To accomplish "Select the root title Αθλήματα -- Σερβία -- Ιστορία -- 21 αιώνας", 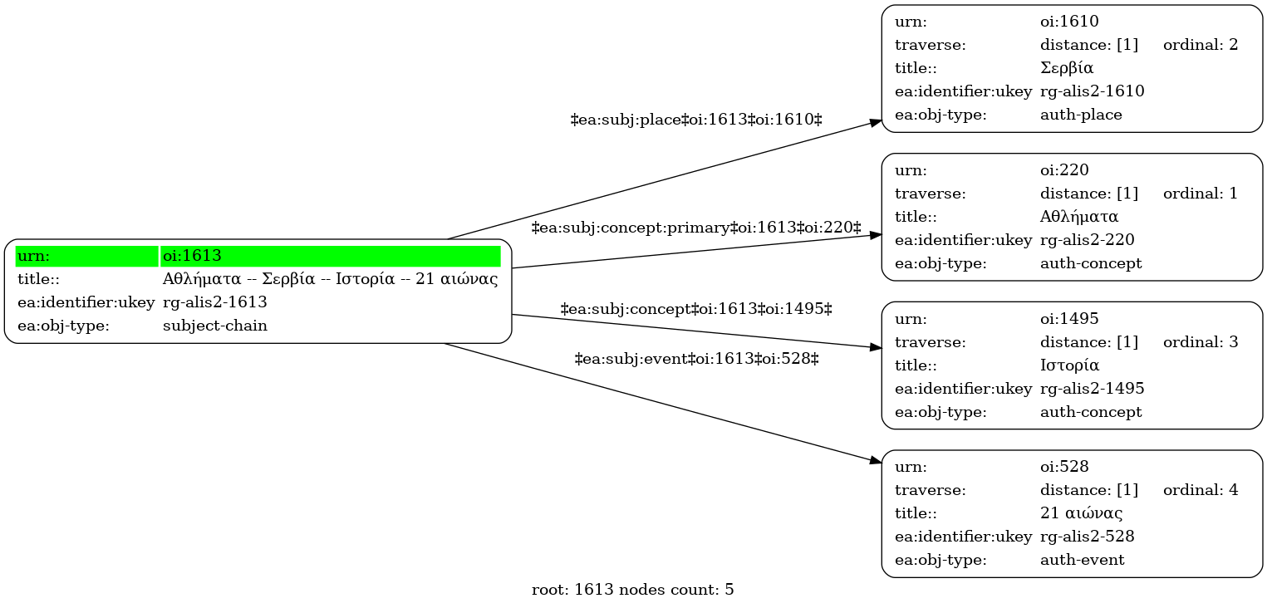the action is (x=331, y=279).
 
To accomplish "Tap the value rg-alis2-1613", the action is (x=215, y=302).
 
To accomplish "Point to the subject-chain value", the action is (x=215, y=326).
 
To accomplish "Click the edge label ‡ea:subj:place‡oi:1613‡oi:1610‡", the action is (x=696, y=120).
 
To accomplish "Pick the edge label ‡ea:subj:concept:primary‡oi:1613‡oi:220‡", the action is (x=696, y=228).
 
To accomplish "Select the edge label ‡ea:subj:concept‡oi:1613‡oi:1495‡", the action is (x=696, y=309).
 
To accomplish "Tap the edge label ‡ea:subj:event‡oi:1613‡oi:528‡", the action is (x=696, y=359).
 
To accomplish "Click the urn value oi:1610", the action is (x=1069, y=22).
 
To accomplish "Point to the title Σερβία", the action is (x=1067, y=68).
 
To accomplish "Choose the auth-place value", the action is (x=1081, y=115).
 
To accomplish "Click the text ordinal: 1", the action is (x=1201, y=194).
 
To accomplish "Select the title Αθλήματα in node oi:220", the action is (x=1079, y=217).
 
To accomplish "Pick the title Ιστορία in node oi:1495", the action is (x=1069, y=365).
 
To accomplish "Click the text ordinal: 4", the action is (x=1201, y=490).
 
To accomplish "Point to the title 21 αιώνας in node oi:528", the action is (x=1082, y=513).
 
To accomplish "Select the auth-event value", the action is (x=1082, y=560).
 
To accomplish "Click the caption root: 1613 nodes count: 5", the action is (x=632, y=590).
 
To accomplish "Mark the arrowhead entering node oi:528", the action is (x=877, y=461).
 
